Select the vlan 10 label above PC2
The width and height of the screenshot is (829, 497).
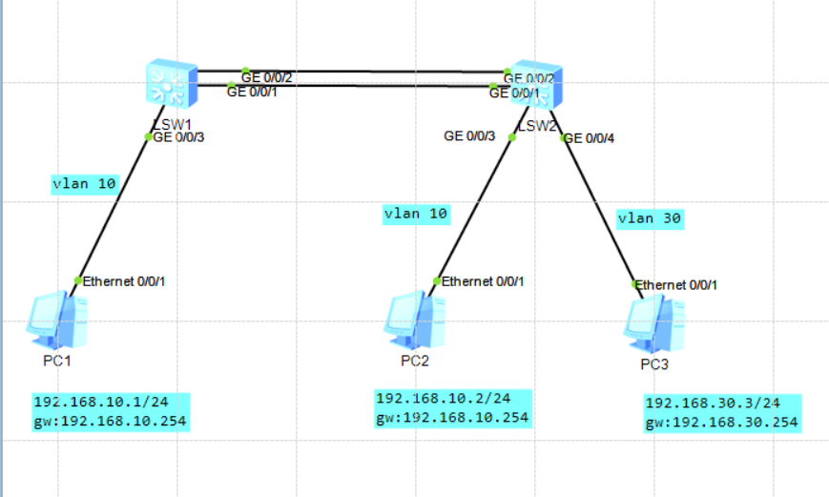click(x=415, y=214)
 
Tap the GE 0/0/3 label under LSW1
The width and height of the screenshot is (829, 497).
click(x=180, y=136)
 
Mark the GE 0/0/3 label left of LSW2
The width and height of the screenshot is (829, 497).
click(x=469, y=136)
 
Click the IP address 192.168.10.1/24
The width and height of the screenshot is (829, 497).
click(x=98, y=402)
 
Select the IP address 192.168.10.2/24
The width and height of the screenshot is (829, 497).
click(x=443, y=398)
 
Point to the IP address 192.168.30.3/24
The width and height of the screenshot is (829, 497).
click(x=712, y=404)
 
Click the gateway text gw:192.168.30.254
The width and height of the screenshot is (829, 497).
click(x=721, y=423)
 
